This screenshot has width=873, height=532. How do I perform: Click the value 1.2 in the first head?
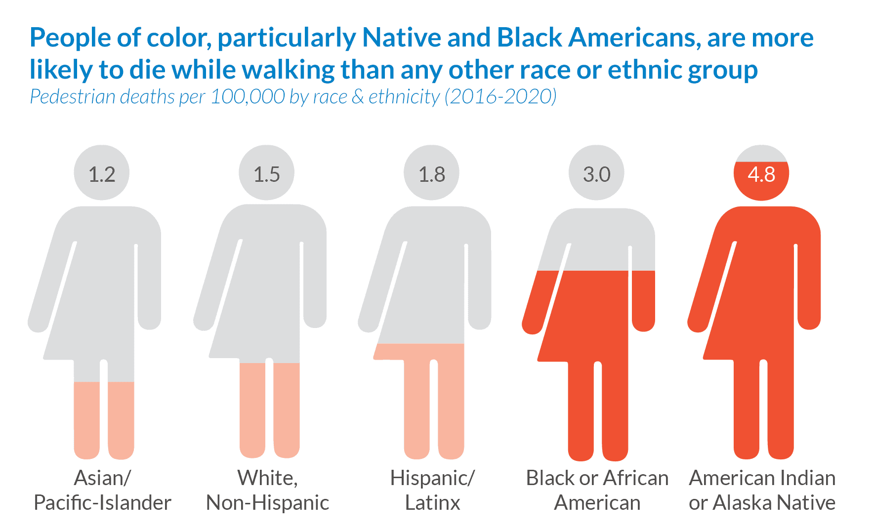(x=102, y=174)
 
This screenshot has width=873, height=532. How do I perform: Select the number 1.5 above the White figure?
(x=267, y=174)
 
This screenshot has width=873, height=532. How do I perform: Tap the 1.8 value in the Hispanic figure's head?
(x=432, y=174)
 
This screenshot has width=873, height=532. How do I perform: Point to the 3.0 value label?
(x=597, y=174)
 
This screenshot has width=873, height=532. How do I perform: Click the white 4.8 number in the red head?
(x=761, y=174)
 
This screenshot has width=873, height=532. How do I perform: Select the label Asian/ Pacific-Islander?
(x=102, y=490)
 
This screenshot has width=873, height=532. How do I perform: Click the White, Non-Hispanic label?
(x=267, y=490)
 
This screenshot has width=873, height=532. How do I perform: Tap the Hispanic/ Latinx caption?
(x=432, y=490)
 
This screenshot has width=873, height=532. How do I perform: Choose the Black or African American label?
(x=597, y=490)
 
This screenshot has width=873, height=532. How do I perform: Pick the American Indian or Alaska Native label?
(x=762, y=490)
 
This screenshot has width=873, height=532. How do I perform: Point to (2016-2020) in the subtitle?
(x=500, y=97)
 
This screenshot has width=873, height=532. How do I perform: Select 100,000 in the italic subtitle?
(x=248, y=97)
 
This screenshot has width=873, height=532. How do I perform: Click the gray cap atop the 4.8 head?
(x=761, y=154)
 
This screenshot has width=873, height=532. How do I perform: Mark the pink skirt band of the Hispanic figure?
(x=420, y=352)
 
